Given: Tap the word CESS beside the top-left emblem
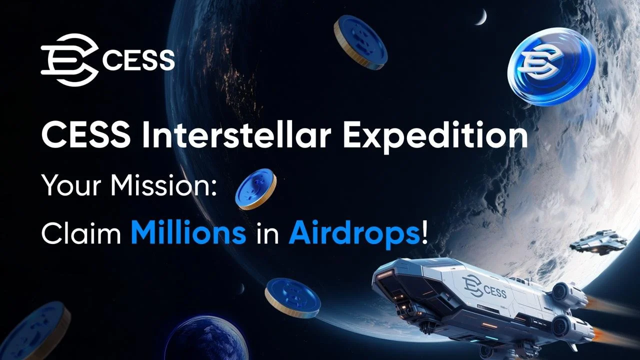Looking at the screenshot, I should (138, 60).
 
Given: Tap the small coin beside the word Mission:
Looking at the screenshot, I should (255, 188).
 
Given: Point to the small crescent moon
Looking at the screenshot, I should (482, 18).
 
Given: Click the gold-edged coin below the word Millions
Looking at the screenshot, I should (292, 297).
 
